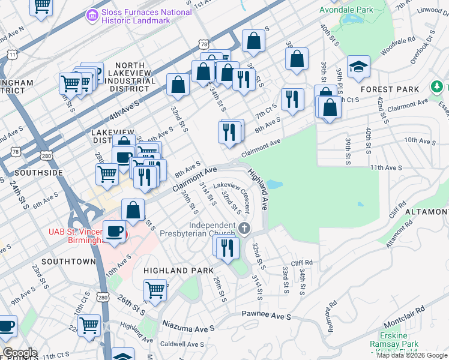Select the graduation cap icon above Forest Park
358,67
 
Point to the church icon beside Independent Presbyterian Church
244,228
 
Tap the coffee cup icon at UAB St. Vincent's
114,231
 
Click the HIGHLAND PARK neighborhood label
175,271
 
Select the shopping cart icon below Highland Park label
155,290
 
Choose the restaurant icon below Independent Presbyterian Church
227,247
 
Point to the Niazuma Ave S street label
188,329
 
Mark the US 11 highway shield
12,55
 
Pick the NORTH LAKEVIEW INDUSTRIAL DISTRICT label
130,77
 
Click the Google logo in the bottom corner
19,353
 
